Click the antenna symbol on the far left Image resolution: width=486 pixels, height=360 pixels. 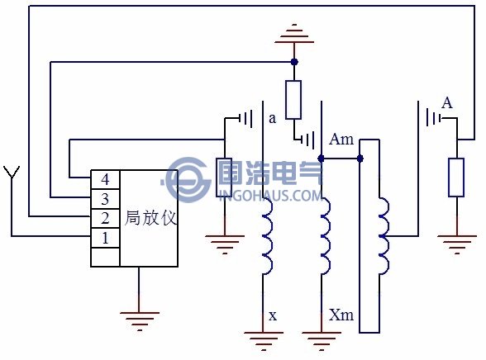(12, 173)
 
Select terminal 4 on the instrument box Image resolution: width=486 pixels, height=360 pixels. (104, 179)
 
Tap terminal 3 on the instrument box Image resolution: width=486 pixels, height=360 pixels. (104, 199)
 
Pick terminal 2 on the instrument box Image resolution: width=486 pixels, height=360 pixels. (104, 218)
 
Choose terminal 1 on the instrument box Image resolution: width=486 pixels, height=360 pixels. (104, 238)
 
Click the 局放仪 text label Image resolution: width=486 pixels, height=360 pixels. (150, 219)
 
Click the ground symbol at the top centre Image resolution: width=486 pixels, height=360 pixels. (293, 32)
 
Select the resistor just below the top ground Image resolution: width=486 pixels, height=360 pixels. (293, 99)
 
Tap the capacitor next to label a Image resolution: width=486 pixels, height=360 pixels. (246, 119)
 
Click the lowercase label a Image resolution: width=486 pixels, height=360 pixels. (272, 118)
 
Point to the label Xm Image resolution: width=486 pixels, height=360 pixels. (341, 315)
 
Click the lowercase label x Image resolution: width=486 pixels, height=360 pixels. (273, 315)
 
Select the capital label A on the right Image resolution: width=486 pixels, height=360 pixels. (447, 103)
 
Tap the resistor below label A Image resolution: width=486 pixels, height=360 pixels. (456, 178)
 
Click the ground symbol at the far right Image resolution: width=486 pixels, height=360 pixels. (456, 242)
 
